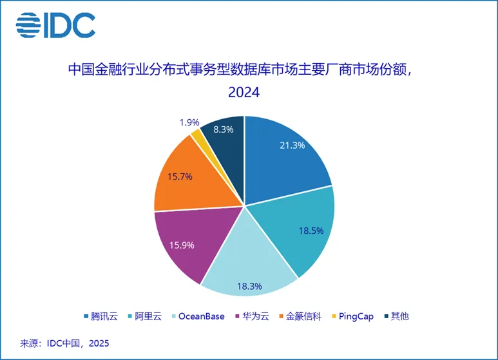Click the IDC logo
55,25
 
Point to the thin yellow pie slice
196,134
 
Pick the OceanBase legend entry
204,316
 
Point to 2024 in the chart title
244,93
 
